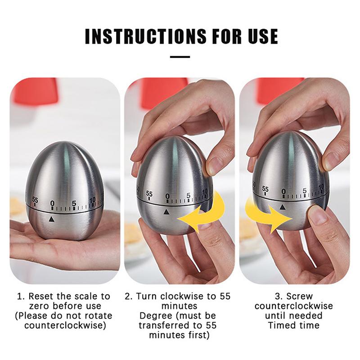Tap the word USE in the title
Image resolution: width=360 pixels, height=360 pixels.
pyautogui.click(x=263, y=36)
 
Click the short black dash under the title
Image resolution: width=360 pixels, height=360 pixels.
pyautogui.click(x=180, y=57)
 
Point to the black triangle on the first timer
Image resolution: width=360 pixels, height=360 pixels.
pyautogui.click(x=52, y=219)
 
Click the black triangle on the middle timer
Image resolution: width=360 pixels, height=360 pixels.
pyautogui.click(x=166, y=212)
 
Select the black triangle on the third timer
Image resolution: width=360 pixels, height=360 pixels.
pyautogui.click(x=283, y=207)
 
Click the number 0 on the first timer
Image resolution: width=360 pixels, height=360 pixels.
pyautogui.click(x=52, y=203)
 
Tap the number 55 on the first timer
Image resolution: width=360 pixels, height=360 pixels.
pyautogui.click(x=35, y=200)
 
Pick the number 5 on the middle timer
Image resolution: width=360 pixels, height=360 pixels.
pyautogui.click(x=188, y=196)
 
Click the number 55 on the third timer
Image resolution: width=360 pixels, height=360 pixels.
pyautogui.click(x=265, y=189)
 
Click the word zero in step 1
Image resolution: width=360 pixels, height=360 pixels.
pyautogui.click(x=39, y=306)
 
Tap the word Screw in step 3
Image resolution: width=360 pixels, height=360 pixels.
pyautogui.click(x=300, y=297)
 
